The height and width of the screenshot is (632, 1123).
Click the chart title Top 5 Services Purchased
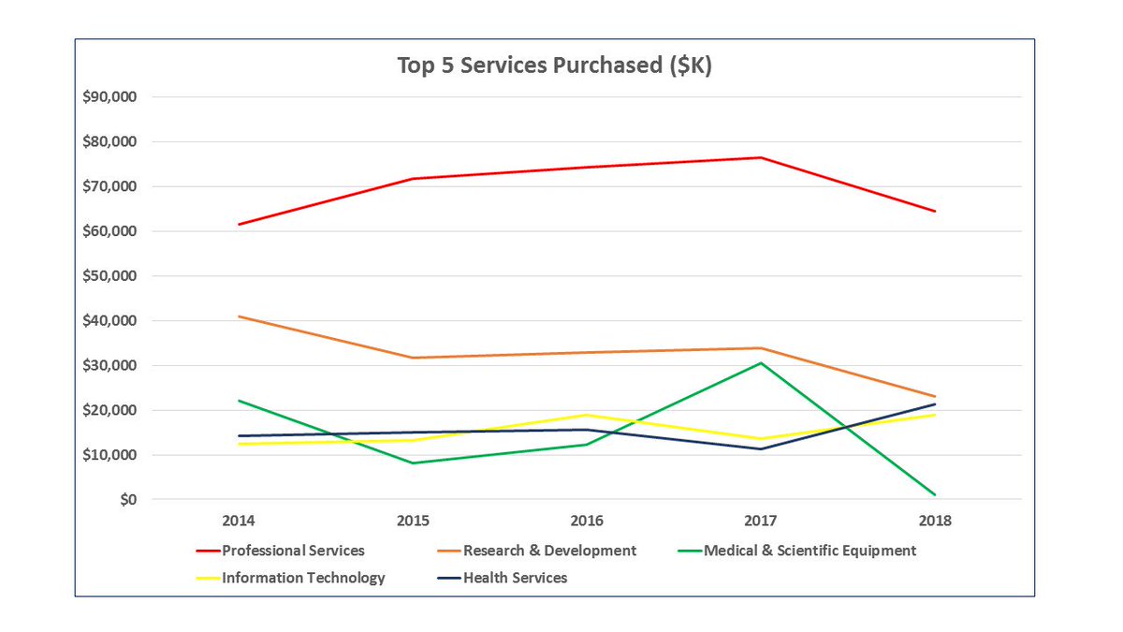554,66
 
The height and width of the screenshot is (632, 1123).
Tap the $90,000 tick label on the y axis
110,97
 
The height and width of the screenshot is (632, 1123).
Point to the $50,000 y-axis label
110,276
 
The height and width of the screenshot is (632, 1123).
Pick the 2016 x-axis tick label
586,521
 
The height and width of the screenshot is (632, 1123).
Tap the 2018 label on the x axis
934,521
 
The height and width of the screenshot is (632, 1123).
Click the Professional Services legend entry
292,551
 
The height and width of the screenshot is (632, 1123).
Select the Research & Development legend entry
549,551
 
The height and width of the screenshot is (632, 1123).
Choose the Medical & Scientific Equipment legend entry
809,551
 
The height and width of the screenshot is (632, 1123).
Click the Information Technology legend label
302,578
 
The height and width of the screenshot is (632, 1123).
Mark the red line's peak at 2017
761,157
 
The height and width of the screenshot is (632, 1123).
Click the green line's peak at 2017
761,362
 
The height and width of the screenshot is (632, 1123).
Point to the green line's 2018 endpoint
935,494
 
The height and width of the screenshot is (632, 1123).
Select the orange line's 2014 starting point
239,316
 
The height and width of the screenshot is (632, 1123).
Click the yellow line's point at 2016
587,415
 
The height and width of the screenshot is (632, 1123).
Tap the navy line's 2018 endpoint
935,404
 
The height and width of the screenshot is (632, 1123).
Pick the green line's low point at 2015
413,463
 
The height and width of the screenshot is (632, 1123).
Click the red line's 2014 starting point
239,225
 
